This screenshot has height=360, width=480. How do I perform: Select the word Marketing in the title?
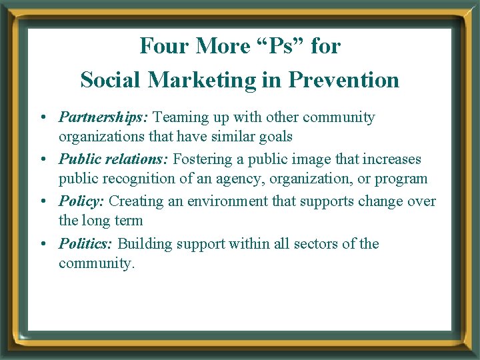201,80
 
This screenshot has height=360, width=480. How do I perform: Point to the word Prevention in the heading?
343,80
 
